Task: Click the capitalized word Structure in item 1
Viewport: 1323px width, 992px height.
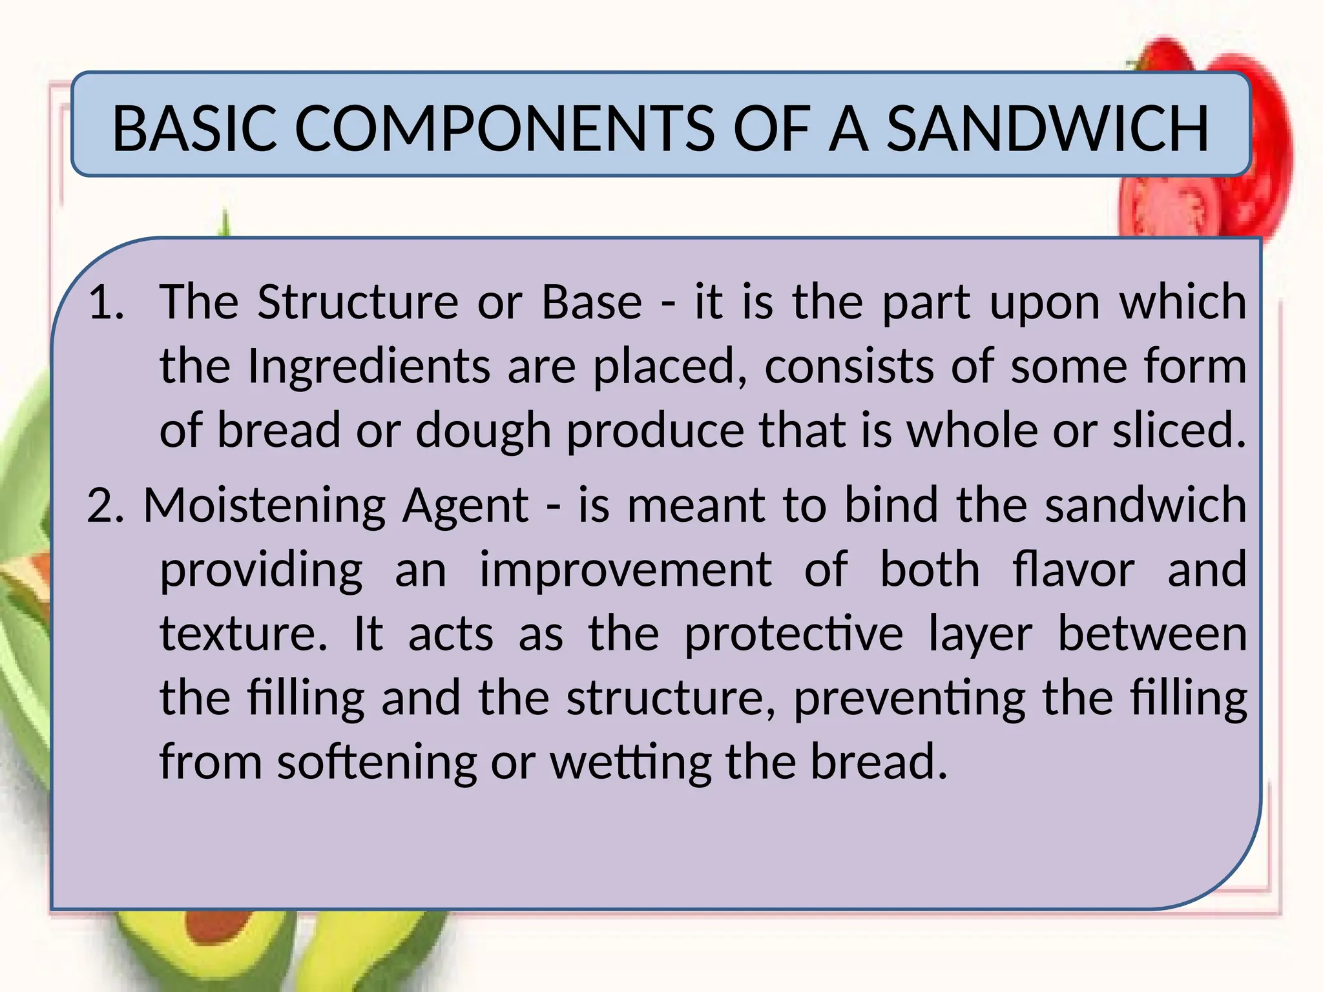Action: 358,302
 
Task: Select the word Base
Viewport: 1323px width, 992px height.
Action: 592,302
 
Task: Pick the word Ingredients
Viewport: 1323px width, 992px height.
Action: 369,366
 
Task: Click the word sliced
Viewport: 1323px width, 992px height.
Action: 1178,431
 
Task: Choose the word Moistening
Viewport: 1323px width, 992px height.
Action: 265,505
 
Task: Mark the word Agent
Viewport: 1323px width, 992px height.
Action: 465,505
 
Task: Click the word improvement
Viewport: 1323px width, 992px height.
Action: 625,569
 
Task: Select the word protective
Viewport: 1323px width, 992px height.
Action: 793,634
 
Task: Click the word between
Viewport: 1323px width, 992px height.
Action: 1152,634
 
